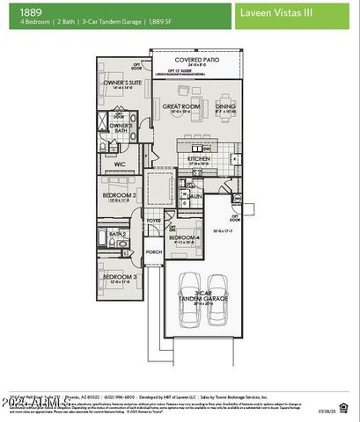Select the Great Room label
(176, 108)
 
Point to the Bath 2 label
(118, 234)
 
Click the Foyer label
(154, 221)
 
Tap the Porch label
(154, 251)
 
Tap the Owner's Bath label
(121, 126)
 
